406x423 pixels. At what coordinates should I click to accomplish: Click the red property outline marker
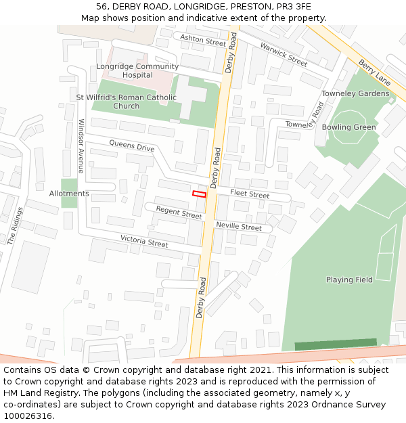(x=199, y=194)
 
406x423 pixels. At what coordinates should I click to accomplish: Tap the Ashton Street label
(x=203, y=41)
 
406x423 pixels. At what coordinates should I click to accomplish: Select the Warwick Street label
(x=284, y=54)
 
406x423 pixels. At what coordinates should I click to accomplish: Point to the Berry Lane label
(x=375, y=72)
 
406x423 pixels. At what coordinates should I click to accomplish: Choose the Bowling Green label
(x=348, y=127)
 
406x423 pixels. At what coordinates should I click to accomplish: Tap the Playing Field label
(x=349, y=280)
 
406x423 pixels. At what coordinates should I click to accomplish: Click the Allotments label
(x=69, y=194)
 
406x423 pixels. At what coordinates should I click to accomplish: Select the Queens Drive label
(x=132, y=147)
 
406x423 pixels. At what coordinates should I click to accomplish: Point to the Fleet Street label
(x=250, y=194)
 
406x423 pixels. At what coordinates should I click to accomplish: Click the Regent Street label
(x=179, y=213)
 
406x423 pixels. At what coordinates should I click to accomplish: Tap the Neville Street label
(x=238, y=227)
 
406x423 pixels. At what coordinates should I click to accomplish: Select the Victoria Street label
(x=144, y=241)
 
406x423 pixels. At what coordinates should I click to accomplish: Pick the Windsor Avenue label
(x=81, y=146)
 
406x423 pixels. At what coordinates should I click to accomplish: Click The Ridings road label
(x=15, y=225)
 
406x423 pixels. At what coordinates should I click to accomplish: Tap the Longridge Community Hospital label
(x=137, y=71)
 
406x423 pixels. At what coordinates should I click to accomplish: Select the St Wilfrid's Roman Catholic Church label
(x=126, y=102)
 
